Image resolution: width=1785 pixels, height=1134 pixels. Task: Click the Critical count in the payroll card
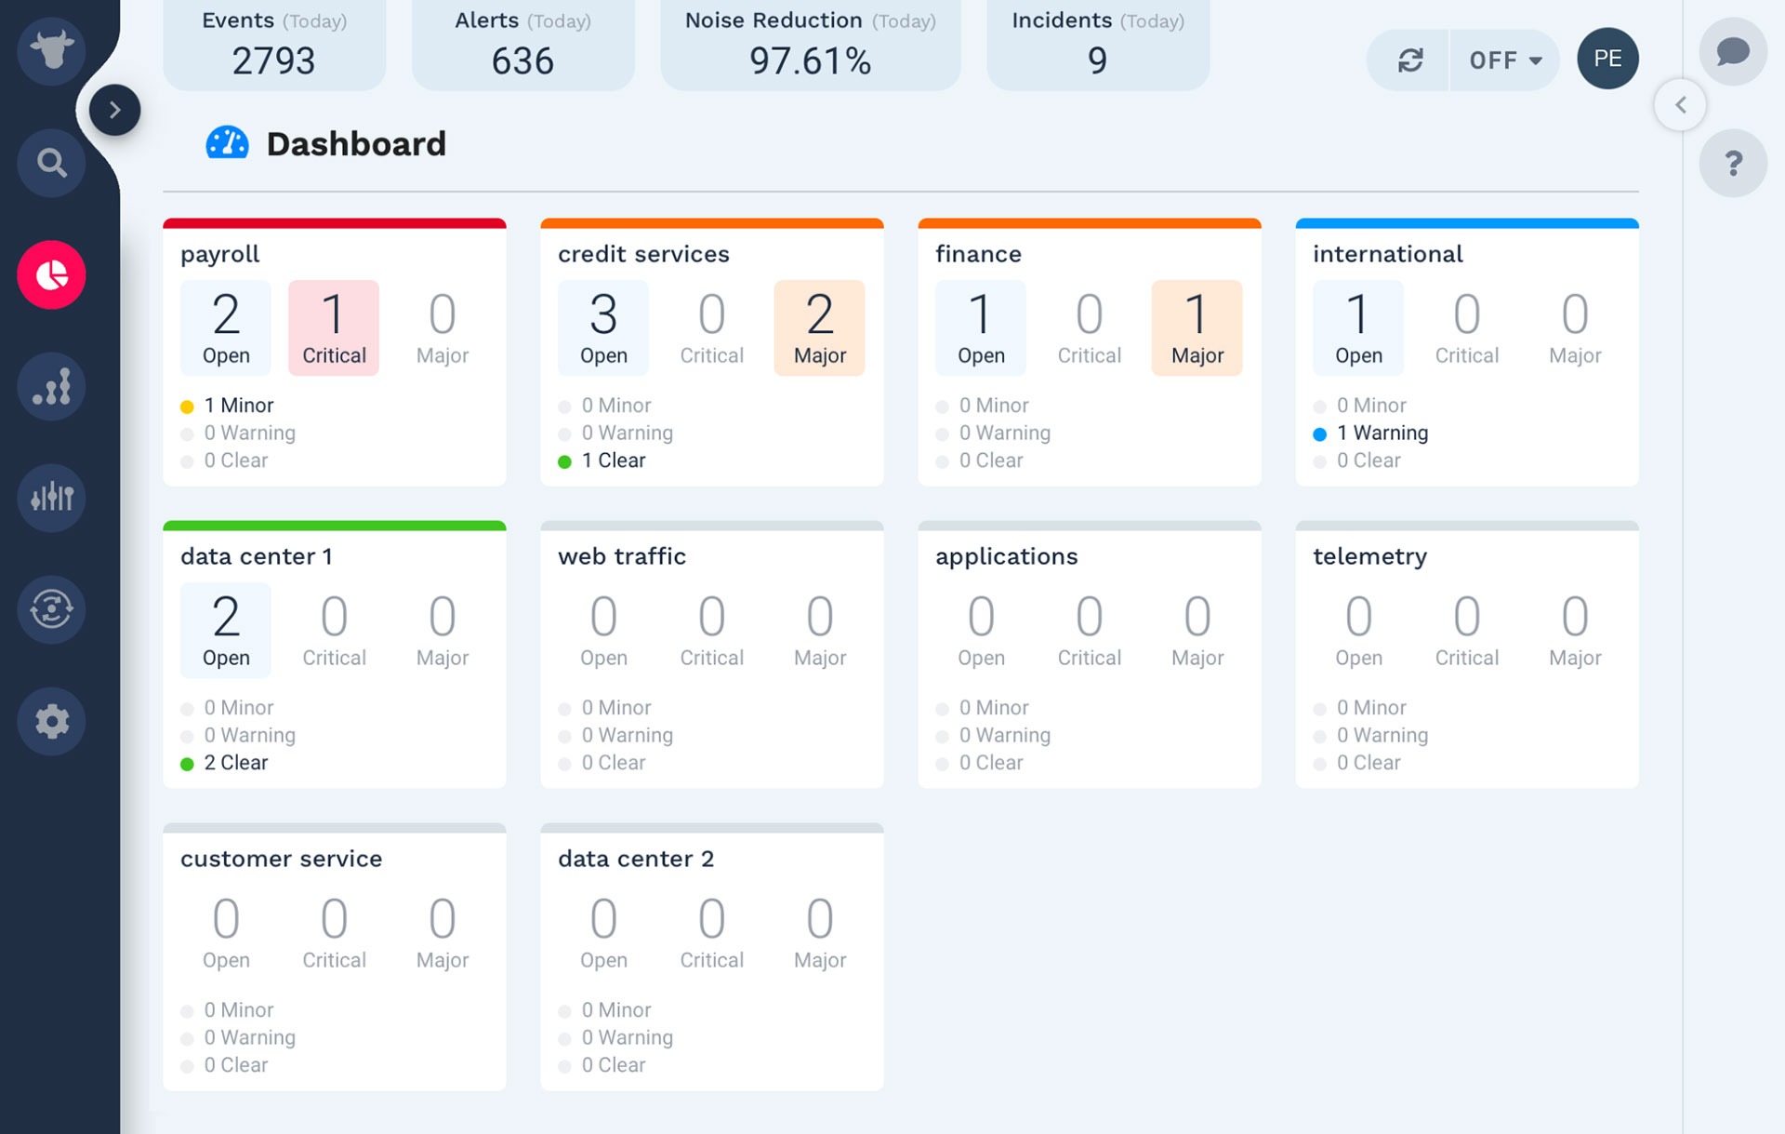[x=334, y=327]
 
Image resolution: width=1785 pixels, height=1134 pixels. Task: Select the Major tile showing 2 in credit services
[x=819, y=327]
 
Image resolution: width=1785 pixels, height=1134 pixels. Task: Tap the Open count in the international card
[x=1358, y=327]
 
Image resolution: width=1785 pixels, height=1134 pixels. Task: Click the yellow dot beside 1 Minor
[x=187, y=407]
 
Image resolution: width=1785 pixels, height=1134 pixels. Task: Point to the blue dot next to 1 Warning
[x=1319, y=434]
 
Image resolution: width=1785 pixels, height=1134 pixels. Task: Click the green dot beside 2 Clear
[x=187, y=764]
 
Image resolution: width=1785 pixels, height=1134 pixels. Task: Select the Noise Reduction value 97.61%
[x=810, y=61]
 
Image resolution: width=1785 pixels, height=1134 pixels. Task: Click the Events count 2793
[x=273, y=61]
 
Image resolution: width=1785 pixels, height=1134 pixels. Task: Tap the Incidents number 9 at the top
[x=1097, y=61]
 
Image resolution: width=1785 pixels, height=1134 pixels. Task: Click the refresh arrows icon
[x=1410, y=60]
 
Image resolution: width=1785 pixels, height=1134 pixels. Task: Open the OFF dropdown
[x=1504, y=60]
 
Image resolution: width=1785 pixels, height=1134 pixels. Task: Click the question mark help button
[x=1733, y=164]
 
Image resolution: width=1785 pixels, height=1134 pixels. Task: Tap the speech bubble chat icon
[x=1733, y=52]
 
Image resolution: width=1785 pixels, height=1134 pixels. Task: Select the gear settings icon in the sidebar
[x=52, y=721]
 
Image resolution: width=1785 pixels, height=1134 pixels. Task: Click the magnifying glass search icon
[x=52, y=164]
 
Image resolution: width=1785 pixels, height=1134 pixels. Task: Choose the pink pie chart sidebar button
[x=52, y=275]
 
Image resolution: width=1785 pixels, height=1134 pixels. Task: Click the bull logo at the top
[x=52, y=50]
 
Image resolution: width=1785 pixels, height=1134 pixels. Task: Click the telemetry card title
[x=1369, y=556]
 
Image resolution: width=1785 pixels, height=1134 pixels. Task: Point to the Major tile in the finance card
[x=1197, y=327]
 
